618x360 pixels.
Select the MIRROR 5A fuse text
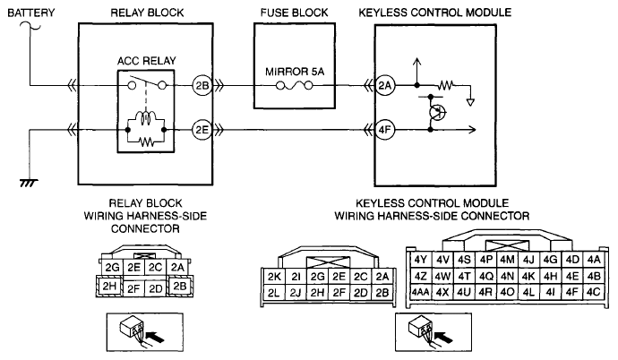[296, 70]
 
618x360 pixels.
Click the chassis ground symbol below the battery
[30, 183]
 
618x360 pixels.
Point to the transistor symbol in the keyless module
[436, 111]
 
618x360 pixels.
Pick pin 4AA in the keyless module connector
[420, 291]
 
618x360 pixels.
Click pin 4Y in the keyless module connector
[421, 259]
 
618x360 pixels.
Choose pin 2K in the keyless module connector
[275, 276]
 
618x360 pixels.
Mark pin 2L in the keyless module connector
[275, 292]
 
